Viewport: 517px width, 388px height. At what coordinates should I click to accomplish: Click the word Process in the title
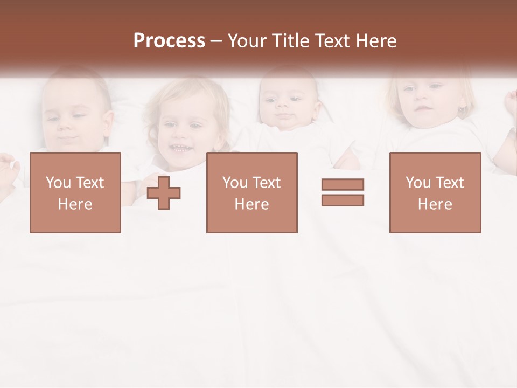click(x=169, y=41)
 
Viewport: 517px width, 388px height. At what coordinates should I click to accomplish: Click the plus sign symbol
click(x=164, y=193)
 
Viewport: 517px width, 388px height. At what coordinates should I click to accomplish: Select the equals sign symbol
click(x=343, y=192)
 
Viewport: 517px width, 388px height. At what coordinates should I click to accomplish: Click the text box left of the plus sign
click(x=75, y=192)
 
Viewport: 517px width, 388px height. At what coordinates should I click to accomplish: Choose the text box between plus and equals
click(x=251, y=192)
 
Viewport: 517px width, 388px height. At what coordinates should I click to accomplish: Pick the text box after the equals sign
click(x=435, y=192)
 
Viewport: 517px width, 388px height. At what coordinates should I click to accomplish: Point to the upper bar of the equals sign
click(x=343, y=185)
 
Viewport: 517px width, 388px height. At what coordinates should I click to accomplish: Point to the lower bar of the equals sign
click(x=343, y=200)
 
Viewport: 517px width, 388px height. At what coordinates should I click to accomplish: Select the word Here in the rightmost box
click(x=435, y=204)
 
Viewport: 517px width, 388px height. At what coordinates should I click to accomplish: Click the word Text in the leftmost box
click(x=90, y=183)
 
